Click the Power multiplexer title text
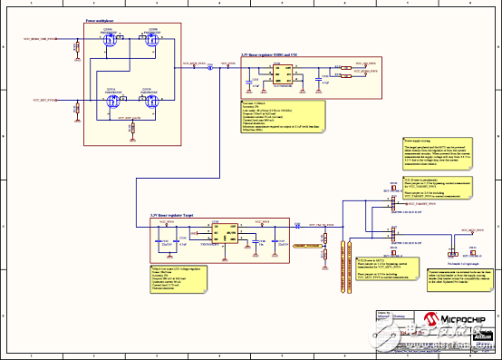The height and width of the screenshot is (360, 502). coord(102,19)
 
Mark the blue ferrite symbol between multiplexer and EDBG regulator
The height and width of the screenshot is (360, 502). coord(210,67)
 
